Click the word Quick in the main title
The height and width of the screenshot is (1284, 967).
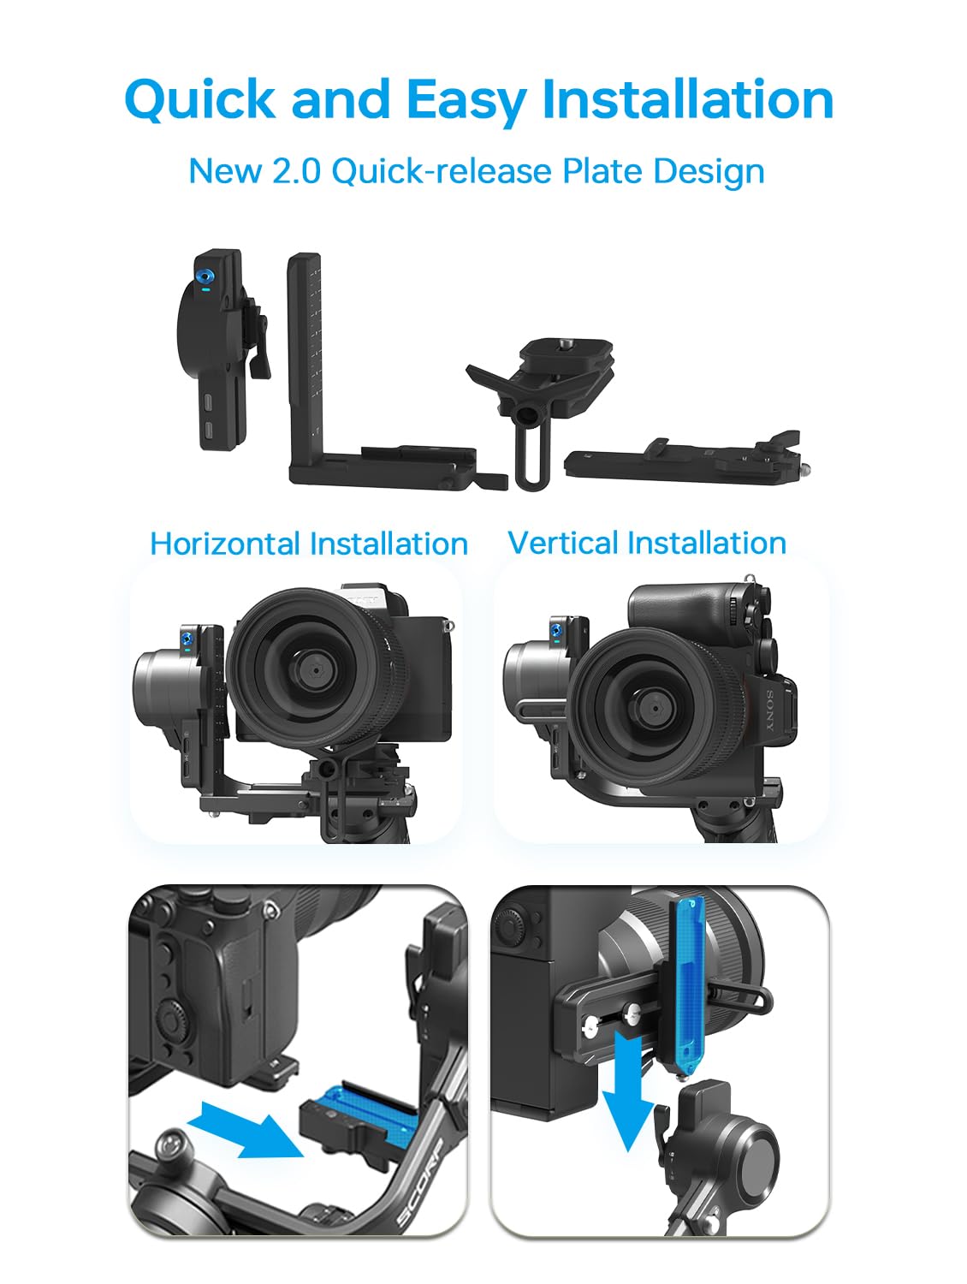tap(199, 100)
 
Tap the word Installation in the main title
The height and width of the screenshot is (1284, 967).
tap(687, 98)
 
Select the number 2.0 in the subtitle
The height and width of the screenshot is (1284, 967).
tap(296, 171)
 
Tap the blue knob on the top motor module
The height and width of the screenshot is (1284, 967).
tap(205, 275)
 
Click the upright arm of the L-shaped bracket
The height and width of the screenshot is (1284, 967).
tap(304, 357)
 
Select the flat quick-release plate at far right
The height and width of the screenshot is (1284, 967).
tap(685, 461)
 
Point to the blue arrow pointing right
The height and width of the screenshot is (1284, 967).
tap(245, 1129)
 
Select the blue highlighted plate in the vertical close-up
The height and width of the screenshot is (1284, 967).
tap(689, 984)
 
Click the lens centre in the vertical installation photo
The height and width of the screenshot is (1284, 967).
tap(653, 710)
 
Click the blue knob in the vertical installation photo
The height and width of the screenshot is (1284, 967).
tap(556, 630)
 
